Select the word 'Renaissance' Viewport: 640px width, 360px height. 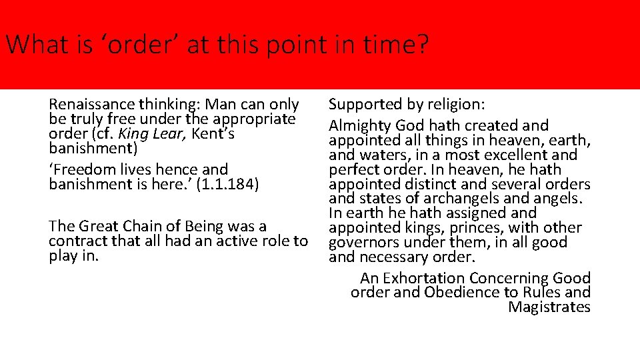click(x=92, y=105)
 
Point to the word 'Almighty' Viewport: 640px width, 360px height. click(x=359, y=125)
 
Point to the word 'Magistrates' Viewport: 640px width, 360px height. click(x=549, y=307)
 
